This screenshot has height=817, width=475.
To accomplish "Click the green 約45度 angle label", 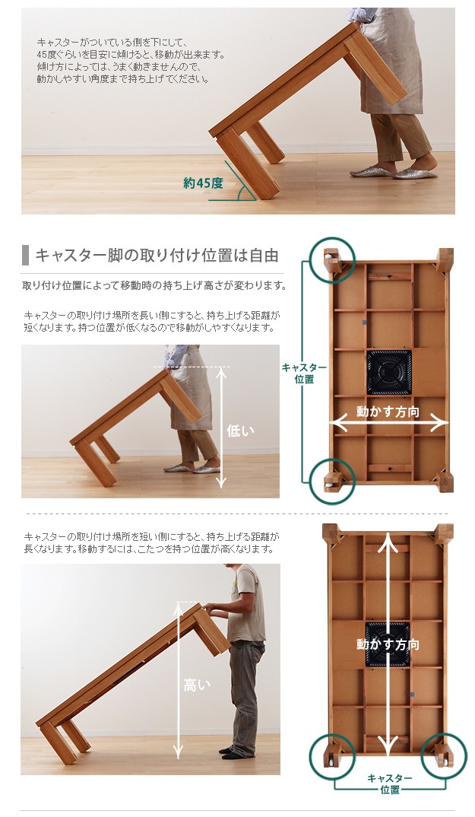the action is click(203, 183).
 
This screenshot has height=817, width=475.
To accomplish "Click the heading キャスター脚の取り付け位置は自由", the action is click(157, 256).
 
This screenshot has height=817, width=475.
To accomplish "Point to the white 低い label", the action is click(240, 431).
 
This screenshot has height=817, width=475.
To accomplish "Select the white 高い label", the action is click(196, 685).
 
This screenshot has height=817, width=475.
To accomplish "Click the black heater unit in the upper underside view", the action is click(389, 372).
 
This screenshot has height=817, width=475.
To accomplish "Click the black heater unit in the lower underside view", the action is click(388, 644).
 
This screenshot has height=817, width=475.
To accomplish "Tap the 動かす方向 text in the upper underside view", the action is click(388, 412).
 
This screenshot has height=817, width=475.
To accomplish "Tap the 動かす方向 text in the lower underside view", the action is click(388, 644).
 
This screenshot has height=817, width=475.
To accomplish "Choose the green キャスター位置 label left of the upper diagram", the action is click(304, 373).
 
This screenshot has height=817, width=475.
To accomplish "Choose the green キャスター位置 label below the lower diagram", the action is click(390, 784).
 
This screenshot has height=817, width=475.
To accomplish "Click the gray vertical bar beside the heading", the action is click(26, 256).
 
